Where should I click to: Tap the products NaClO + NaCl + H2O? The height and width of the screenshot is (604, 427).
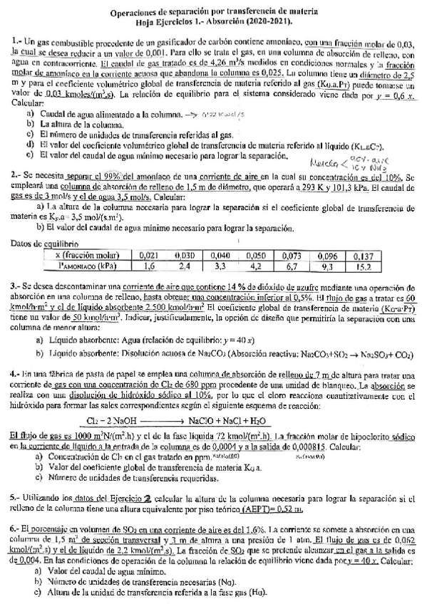tap(247, 420)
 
